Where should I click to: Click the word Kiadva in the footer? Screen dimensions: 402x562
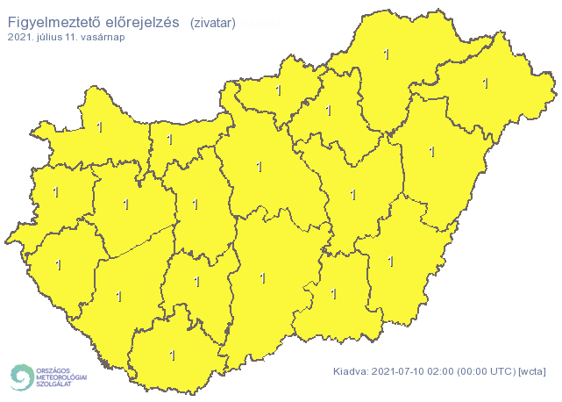[350, 372]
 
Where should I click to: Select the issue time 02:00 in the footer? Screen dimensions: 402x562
[438, 372]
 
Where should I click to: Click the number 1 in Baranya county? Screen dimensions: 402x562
[172, 355]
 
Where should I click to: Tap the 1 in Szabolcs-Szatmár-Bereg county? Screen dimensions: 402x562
[485, 83]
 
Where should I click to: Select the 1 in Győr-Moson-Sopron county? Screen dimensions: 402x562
[99, 127]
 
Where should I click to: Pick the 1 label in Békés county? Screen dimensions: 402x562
[390, 261]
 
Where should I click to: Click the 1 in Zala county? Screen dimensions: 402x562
[59, 263]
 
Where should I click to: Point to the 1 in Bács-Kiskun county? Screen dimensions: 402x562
[262, 278]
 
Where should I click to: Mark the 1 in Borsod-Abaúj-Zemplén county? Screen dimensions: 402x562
[387, 54]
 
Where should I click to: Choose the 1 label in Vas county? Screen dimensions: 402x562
[53, 190]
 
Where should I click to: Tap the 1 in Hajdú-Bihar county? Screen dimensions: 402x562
[431, 151]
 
